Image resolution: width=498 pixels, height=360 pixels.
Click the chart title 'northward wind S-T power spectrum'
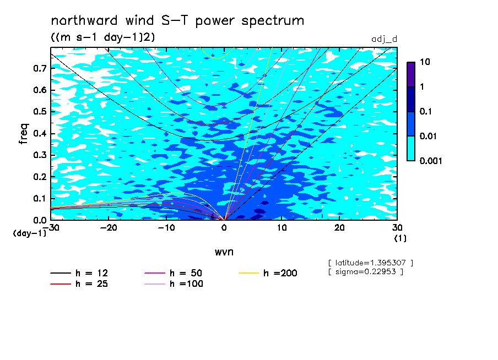click(177, 20)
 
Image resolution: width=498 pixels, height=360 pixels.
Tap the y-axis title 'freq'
click(24, 134)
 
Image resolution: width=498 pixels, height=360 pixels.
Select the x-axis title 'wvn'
click(224, 252)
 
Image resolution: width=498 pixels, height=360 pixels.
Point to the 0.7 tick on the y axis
click(40, 68)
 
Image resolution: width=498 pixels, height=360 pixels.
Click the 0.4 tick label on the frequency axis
click(40, 133)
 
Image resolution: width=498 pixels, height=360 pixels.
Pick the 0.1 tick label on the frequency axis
click(40, 198)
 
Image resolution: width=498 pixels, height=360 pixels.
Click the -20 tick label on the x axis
click(109, 228)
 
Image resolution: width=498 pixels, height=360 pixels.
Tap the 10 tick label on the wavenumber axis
click(282, 228)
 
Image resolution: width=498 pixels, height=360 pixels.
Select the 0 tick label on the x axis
click(224, 228)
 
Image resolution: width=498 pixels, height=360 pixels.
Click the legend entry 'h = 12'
click(79, 273)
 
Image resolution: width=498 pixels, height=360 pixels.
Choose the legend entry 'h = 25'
click(79, 283)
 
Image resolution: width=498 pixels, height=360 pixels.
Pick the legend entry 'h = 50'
click(174, 273)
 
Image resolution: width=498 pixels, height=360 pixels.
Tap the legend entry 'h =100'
click(174, 283)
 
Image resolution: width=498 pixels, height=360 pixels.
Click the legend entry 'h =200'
click(268, 273)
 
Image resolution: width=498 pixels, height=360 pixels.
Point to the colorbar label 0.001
click(431, 161)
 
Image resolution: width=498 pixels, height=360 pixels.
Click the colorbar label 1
click(422, 86)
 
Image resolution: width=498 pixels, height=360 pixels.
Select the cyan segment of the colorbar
click(411, 149)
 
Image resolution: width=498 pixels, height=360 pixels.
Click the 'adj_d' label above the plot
click(385, 39)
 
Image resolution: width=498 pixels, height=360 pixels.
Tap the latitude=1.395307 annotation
click(371, 263)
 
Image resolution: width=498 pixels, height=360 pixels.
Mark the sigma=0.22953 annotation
click(366, 272)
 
